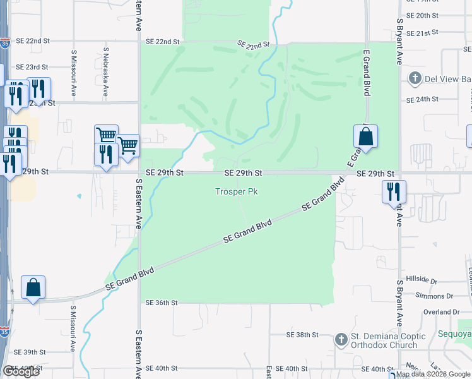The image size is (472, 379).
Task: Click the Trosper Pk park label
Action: tap(237, 191)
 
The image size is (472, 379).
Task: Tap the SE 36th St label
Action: tap(162, 303)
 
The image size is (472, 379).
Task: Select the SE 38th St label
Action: tap(300, 335)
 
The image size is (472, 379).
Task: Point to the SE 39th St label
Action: tap(31, 352)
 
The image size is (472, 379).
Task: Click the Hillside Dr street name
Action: tap(422, 279)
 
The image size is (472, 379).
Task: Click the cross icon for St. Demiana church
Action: tap(341, 340)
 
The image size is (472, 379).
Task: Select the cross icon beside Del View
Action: tap(415, 79)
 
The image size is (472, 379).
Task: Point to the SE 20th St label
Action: tap(422, 15)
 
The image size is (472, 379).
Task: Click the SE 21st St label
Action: tap(422, 33)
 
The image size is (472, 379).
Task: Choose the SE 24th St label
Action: tap(422, 100)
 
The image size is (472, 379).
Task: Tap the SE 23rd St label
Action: tap(32, 67)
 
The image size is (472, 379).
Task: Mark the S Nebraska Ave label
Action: tap(106, 63)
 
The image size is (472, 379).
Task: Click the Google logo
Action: tap(21, 371)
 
